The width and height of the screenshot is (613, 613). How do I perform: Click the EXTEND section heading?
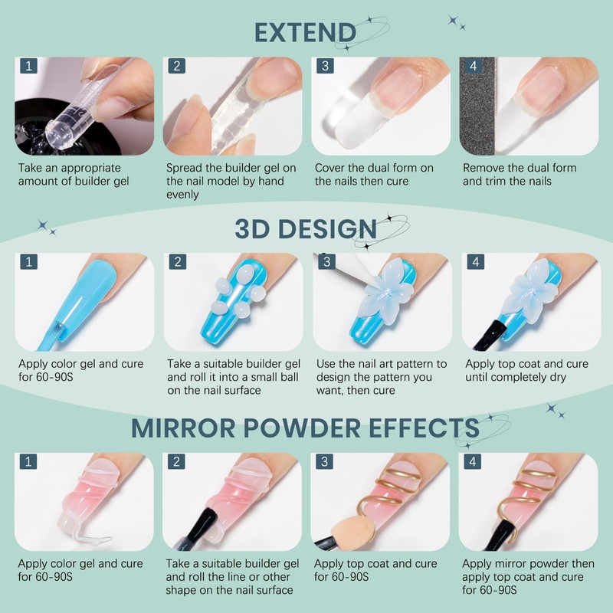[305, 33]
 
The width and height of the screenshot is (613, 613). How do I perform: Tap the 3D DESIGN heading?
[306, 229]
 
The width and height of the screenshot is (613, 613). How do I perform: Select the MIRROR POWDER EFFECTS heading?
[305, 428]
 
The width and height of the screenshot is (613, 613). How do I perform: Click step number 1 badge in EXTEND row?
[28, 66]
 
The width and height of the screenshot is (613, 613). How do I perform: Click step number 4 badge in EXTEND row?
[473, 66]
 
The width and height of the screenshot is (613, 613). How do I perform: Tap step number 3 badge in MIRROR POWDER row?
[325, 462]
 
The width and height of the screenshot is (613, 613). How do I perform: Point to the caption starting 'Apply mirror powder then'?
[527, 576]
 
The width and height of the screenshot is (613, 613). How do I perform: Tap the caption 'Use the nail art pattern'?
[381, 377]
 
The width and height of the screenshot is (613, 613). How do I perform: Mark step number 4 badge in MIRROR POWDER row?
[473, 462]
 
